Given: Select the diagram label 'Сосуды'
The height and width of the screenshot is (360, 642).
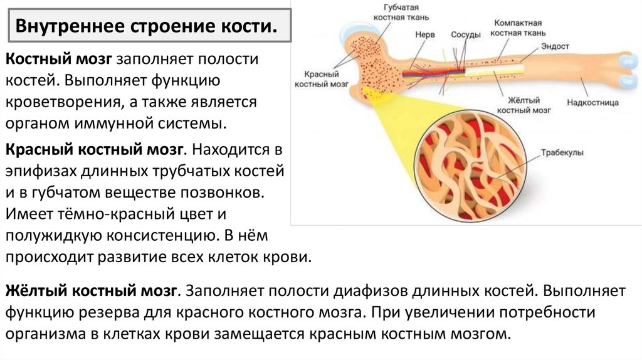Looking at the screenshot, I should coord(466,35).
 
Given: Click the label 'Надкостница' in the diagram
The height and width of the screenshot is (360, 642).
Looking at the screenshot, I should coord(592,102).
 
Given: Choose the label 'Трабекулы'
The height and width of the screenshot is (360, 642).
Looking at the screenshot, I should coord(561,153).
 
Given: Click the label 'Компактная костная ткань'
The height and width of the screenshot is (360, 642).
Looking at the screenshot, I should coord(518,26).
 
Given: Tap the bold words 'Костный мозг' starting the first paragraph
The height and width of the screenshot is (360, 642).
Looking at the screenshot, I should coord(59,59).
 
